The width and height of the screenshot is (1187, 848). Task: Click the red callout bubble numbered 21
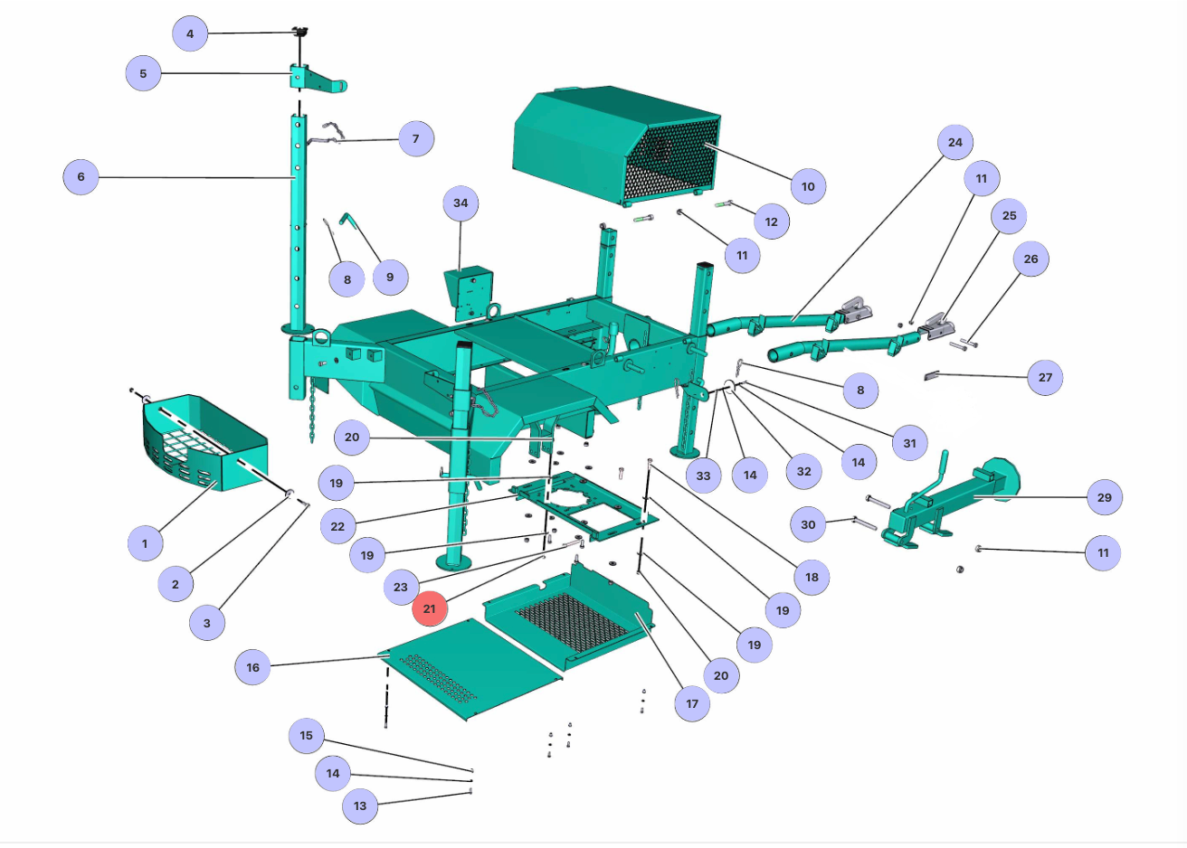(429, 608)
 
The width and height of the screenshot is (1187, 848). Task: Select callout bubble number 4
(190, 33)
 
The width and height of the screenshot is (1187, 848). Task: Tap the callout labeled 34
(461, 203)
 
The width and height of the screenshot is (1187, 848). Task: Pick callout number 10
(808, 186)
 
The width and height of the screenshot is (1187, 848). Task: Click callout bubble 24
(954, 143)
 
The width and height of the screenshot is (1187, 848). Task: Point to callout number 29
(1105, 497)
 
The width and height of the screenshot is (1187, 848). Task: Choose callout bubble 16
(252, 667)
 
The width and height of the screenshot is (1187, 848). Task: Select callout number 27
(1045, 377)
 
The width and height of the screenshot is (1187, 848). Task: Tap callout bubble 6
(81, 176)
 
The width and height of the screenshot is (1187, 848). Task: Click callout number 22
(337, 526)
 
